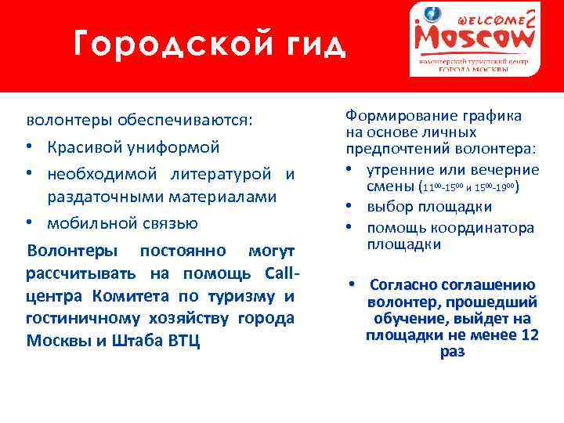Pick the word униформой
pos(173,147)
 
